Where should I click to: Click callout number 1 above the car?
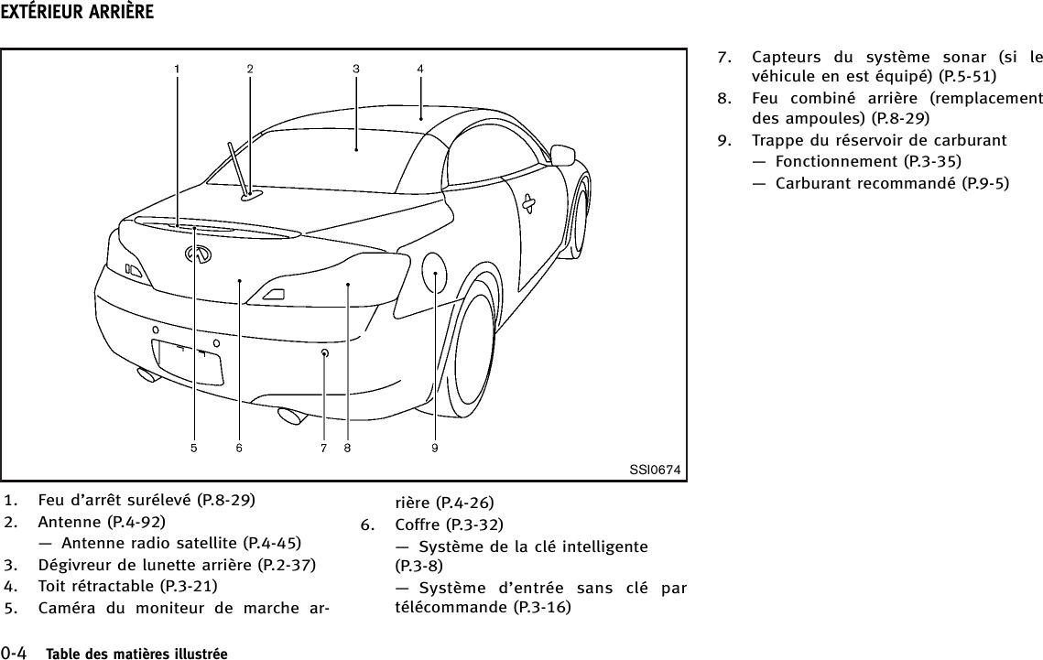pos(177,68)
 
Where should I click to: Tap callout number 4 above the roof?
pos(419,68)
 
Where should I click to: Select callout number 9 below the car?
pos(435,448)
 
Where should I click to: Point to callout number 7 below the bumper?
pos(324,448)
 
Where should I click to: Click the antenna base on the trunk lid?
pos(250,193)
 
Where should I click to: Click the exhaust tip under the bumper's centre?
pos(294,416)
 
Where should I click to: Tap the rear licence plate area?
pos(188,361)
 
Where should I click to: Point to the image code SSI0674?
pos(655,471)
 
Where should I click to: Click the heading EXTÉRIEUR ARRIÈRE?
pos(77,13)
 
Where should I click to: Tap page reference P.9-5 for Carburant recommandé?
pos(982,182)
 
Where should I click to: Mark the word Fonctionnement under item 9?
pos(836,161)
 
